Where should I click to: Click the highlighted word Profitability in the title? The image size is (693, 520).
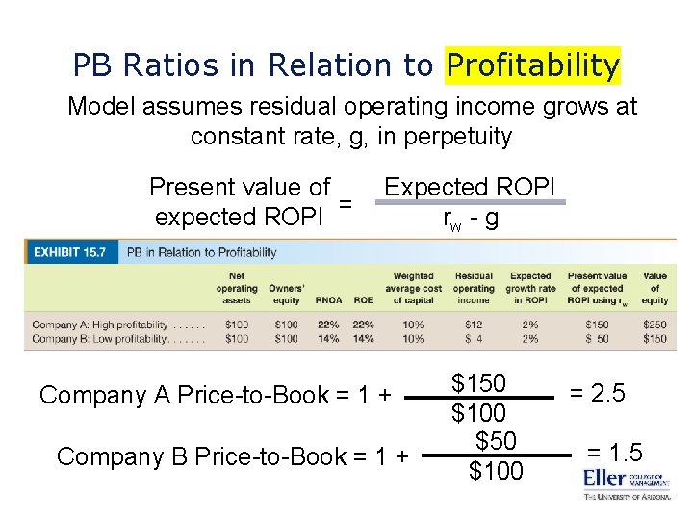(x=533, y=65)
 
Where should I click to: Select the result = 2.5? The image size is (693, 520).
(x=598, y=393)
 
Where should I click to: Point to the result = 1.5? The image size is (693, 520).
(x=615, y=454)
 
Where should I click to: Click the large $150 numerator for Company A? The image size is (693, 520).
(x=478, y=383)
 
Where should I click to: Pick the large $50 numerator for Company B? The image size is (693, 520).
(x=496, y=441)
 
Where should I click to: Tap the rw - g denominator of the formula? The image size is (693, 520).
(x=470, y=219)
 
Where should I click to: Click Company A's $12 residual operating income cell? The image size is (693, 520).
(x=474, y=325)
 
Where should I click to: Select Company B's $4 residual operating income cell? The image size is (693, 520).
(x=474, y=338)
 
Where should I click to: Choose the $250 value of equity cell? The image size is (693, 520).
(x=654, y=325)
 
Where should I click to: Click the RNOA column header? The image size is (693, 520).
(x=328, y=300)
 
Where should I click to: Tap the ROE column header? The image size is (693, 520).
(x=364, y=300)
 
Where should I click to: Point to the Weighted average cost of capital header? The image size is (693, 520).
(x=414, y=288)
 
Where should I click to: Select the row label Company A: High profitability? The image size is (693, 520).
(x=117, y=325)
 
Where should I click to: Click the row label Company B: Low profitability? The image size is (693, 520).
(x=117, y=338)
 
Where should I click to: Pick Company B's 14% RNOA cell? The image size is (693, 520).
(x=328, y=338)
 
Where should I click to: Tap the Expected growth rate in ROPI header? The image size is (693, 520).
(x=530, y=288)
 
